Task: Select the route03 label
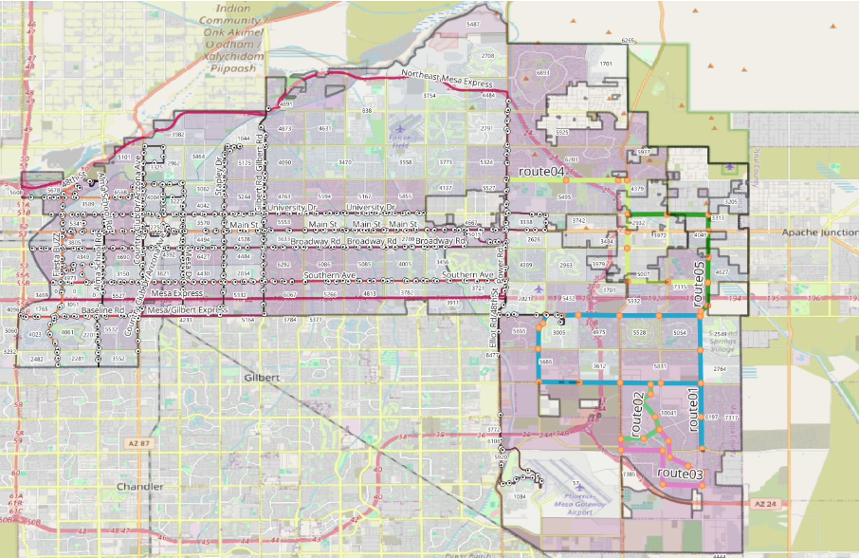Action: click(x=679, y=473)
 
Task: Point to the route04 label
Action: click(x=541, y=172)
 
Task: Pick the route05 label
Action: click(x=699, y=284)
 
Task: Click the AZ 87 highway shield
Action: click(x=137, y=444)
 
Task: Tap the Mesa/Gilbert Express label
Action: click(x=188, y=310)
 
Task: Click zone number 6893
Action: click(x=543, y=72)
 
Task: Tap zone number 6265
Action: click(x=627, y=41)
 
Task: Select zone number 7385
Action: click(x=628, y=474)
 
